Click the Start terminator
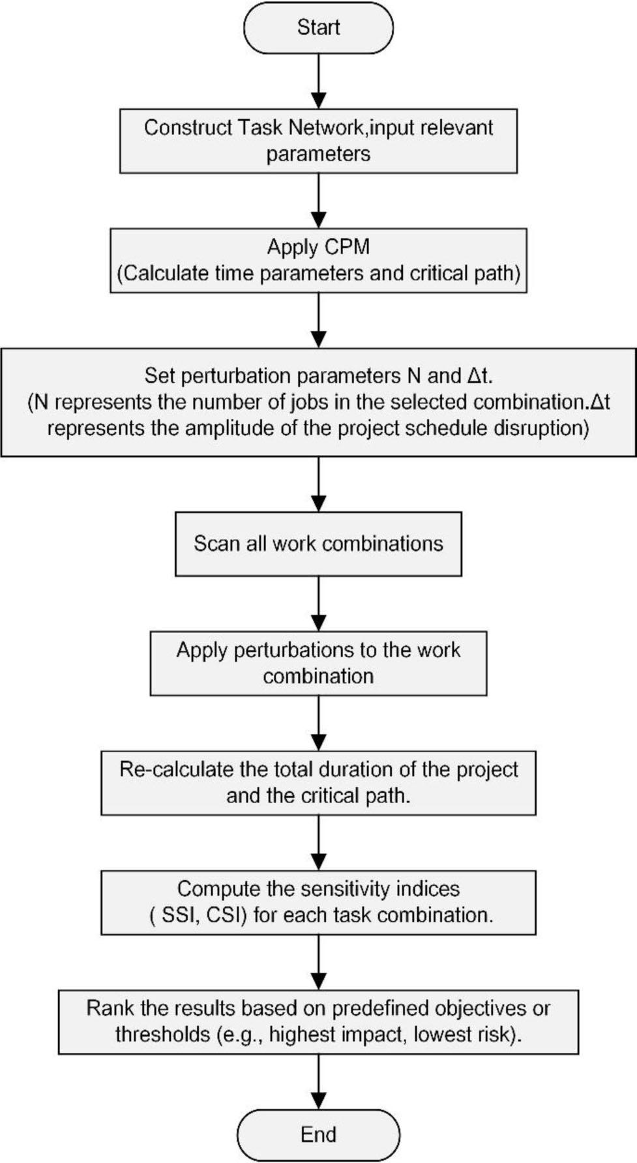[x=318, y=27]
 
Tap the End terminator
[x=318, y=1134]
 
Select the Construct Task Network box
[x=318, y=141]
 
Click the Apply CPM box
[x=318, y=260]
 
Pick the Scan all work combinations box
[x=318, y=544]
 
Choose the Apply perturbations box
[x=318, y=663]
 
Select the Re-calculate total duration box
[x=318, y=783]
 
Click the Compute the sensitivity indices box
[x=318, y=902]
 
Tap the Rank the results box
[x=318, y=1022]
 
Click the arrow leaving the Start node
[x=318, y=81]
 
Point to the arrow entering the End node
[x=318, y=1082]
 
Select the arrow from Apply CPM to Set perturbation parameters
[x=318, y=320]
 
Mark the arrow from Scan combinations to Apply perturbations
[x=318, y=604]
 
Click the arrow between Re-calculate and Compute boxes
[x=318, y=843]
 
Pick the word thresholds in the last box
[x=162, y=1035]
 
